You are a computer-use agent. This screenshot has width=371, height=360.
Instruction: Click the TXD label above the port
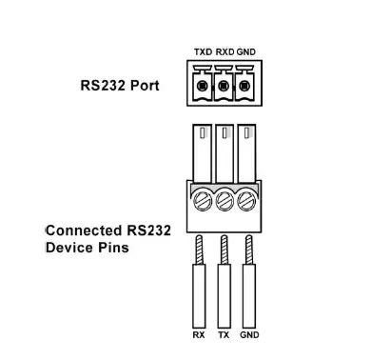202,51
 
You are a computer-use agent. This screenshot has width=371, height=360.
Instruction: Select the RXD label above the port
225,51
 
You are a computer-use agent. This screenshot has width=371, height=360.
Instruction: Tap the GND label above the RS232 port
246,51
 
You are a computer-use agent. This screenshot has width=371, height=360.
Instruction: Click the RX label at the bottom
199,335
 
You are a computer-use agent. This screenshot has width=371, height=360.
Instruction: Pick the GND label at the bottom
249,335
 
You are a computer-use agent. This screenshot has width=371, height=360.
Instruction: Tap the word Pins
112,248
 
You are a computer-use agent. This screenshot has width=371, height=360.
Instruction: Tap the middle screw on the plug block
225,202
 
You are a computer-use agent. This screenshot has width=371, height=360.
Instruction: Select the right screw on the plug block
248,202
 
